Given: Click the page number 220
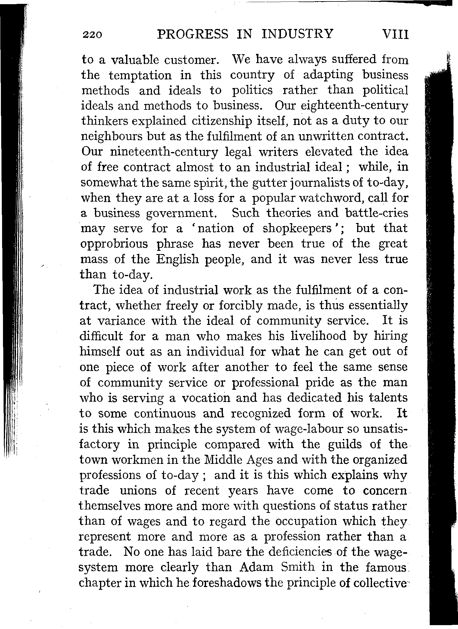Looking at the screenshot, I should tap(93, 35).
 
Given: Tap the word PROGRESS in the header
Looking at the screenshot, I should tap(193, 34).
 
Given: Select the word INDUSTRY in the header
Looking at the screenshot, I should tap(298, 34).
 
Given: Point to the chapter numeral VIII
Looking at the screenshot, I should tap(392, 35).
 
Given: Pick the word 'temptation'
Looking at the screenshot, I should tap(140, 75).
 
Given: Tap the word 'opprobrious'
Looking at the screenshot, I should tap(114, 244).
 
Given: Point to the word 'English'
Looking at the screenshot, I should tap(177, 259).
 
